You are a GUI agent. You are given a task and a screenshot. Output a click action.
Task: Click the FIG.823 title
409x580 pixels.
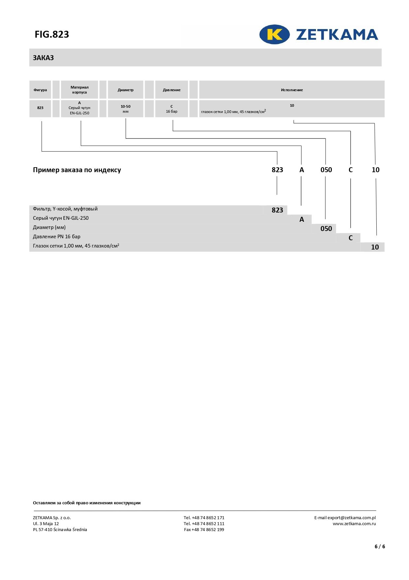coord(52,34)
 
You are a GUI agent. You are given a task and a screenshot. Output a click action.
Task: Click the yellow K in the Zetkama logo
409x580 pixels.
coord(274,34)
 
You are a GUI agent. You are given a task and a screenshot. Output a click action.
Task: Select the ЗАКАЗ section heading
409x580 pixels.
coord(43,58)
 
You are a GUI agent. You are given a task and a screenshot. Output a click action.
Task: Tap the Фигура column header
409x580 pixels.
coord(40,90)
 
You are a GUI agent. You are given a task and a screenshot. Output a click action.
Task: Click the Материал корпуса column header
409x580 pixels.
coord(79,90)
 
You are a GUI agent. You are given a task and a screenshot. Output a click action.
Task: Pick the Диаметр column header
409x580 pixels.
coord(126,90)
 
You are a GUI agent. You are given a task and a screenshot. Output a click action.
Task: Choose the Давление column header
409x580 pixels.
coord(172,90)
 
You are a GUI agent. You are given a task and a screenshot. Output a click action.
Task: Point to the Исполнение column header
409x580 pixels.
coord(292,90)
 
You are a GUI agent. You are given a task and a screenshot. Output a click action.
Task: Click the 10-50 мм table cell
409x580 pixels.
coord(126,109)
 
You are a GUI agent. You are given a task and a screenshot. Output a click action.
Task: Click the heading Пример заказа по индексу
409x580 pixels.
coord(77,170)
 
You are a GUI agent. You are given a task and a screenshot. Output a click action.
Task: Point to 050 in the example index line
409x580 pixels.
coord(326,170)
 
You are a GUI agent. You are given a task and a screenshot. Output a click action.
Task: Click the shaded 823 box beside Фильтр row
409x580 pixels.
coord(277,210)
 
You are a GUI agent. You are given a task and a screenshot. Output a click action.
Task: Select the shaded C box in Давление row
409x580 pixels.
coord(351,238)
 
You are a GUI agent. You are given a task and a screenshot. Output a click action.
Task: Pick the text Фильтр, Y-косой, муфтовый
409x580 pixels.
coord(65,209)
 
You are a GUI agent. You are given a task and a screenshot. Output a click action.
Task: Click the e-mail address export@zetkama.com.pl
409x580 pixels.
coord(352,518)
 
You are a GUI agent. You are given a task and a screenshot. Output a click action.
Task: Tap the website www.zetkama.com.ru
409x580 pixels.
coord(354,523)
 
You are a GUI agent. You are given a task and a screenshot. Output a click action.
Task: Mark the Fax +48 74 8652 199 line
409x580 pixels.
coord(204,529)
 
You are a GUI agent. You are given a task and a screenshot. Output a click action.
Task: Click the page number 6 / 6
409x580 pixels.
coord(380,546)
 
